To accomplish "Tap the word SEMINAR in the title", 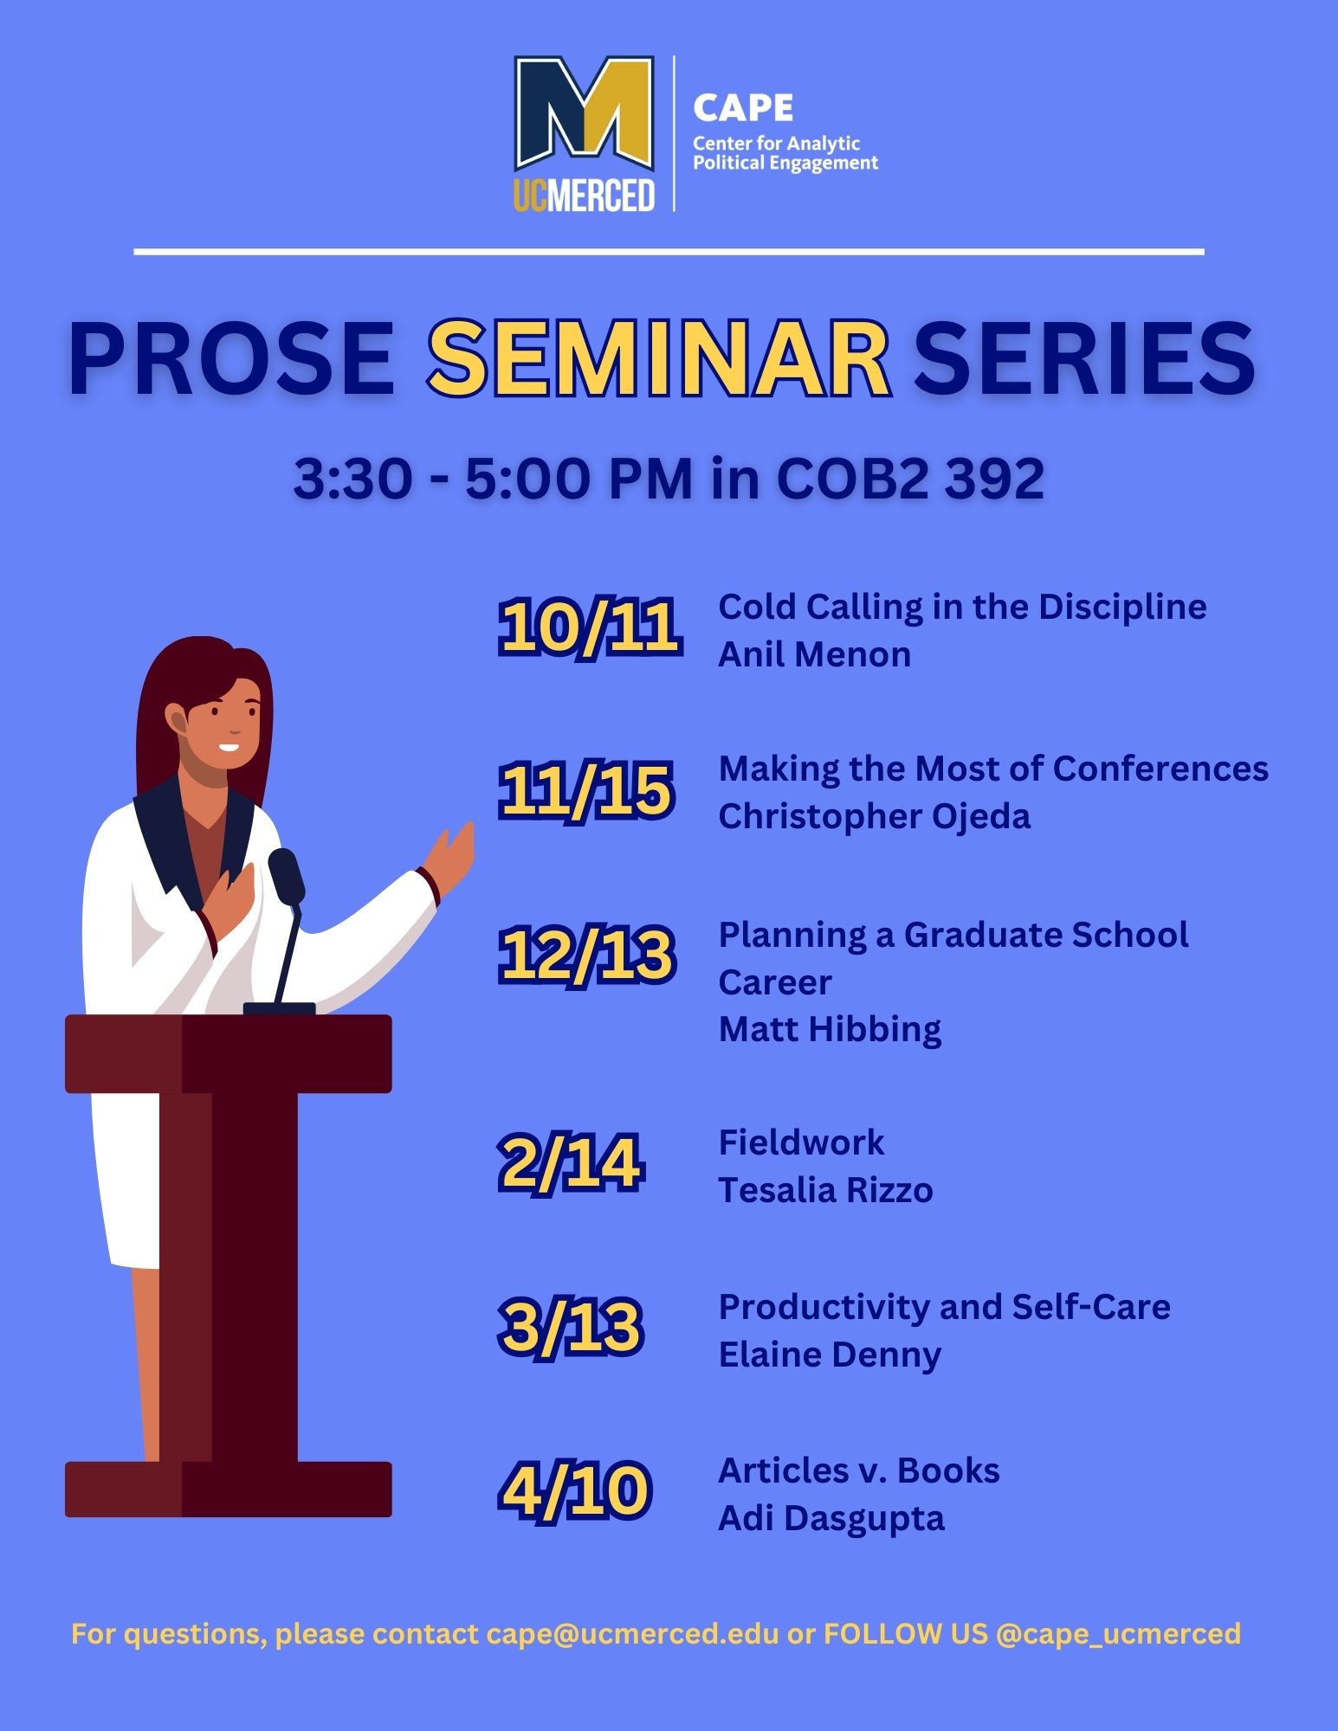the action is click(x=659, y=358).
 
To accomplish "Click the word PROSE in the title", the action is click(x=231, y=358).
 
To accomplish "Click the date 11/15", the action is click(x=586, y=789).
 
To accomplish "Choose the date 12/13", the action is click(x=586, y=955).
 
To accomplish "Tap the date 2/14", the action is click(x=571, y=1163).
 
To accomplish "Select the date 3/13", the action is click(x=571, y=1326).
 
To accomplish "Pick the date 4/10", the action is click(x=574, y=1490).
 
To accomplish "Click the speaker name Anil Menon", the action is click(x=814, y=654).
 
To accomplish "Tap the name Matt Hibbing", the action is click(x=830, y=1030).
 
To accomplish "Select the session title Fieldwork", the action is click(x=801, y=1142).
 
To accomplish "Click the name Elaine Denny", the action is click(x=830, y=1355).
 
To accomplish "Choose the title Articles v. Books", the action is click(x=859, y=1470).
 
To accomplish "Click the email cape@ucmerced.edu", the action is click(x=633, y=1634).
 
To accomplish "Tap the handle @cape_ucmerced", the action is click(x=1118, y=1634).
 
